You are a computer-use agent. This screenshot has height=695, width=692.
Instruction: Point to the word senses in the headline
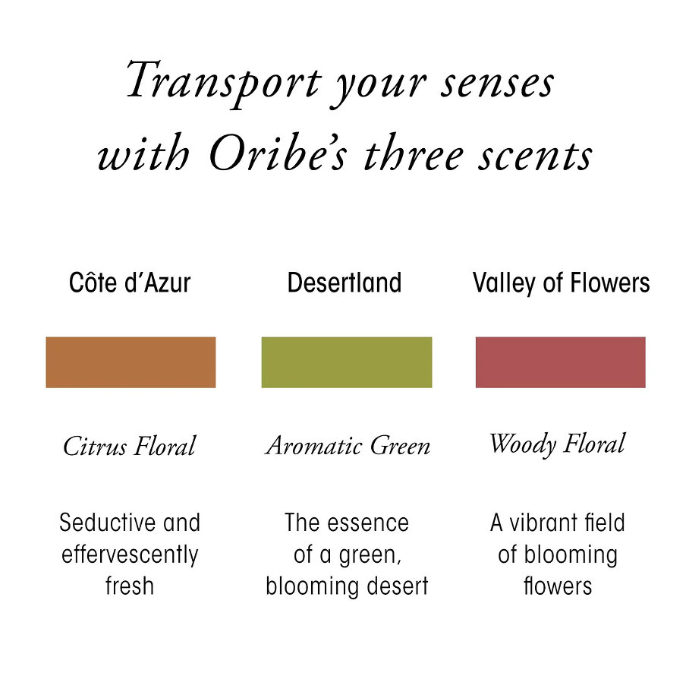click(x=497, y=84)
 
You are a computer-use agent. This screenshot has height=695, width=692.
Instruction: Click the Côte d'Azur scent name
click(x=130, y=283)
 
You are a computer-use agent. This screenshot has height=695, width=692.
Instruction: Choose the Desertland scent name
click(x=344, y=283)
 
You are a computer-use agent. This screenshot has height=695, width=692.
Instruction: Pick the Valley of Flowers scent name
click(x=561, y=283)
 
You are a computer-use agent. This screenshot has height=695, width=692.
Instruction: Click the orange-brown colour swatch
click(x=131, y=362)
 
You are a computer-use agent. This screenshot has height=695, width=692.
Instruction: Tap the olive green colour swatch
click(x=347, y=362)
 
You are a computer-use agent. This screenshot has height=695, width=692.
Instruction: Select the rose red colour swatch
click(x=561, y=362)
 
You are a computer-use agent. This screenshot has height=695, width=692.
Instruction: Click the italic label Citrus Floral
click(x=129, y=445)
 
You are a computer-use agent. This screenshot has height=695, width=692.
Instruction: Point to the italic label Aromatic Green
click(x=348, y=445)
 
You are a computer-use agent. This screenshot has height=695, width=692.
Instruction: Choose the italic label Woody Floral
click(x=558, y=444)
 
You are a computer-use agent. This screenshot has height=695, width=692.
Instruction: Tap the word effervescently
click(x=130, y=555)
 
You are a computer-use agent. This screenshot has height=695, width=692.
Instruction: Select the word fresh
click(x=130, y=586)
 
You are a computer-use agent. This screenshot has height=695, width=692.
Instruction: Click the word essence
click(x=368, y=523)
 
